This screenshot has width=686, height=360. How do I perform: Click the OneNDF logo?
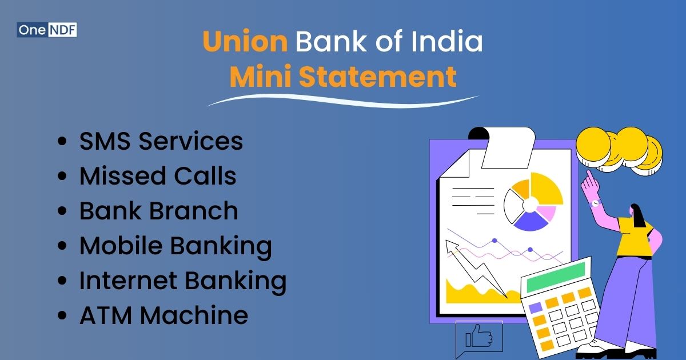(47, 29)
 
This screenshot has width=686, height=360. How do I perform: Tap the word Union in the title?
(245, 43)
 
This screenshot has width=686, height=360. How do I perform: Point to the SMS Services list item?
(161, 141)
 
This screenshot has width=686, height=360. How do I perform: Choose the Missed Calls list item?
(157, 176)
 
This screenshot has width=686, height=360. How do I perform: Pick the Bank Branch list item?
(158, 211)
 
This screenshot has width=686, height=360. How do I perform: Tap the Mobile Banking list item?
(176, 246)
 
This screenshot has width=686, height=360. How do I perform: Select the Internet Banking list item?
(182, 281)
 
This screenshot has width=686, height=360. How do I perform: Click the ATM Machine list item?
(163, 315)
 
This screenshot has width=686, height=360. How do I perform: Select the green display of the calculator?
(556, 278)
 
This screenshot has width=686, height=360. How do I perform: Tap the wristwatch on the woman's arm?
(595, 203)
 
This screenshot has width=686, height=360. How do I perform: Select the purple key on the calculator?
(536, 307)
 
